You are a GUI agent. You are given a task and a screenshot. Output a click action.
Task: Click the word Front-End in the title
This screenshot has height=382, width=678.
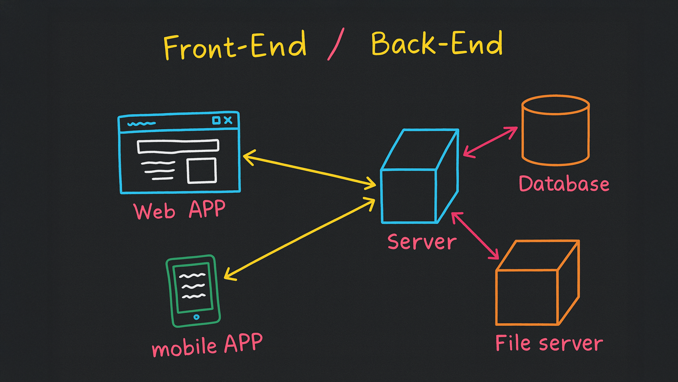pos(235,46)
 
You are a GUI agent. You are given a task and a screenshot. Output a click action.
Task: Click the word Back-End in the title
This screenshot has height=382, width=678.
pos(437,44)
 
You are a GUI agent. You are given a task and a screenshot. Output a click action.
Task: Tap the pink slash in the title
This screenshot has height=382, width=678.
pos(336,44)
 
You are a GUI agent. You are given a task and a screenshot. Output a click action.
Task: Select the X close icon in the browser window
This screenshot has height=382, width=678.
pos(228,120)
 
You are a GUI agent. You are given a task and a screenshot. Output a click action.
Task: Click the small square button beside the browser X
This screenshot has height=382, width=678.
pos(216,121)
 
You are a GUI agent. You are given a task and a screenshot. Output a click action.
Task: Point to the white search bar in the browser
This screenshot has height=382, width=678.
pos(178,146)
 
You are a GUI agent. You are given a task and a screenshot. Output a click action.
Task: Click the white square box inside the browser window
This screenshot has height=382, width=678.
pos(202,171)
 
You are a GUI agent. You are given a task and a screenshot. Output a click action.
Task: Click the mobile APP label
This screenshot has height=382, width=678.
pos(207,345)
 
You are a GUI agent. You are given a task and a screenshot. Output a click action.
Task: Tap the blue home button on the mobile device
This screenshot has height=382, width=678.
pos(196,317)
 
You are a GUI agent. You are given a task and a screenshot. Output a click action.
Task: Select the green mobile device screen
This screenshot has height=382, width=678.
pos(193,287)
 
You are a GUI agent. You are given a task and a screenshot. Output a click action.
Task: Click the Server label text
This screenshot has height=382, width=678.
pos(422,242)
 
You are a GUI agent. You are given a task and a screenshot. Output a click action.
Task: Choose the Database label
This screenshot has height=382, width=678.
pos(564,184)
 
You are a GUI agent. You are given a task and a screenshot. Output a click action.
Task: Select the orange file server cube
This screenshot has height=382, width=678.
pos(537,283)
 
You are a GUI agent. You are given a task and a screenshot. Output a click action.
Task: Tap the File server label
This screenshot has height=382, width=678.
pos(549,343)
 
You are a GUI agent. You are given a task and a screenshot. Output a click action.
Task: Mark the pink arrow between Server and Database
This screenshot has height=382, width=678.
pos(490,142)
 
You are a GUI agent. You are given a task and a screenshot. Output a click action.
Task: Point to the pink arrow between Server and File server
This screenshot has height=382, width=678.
pos(475,236)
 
